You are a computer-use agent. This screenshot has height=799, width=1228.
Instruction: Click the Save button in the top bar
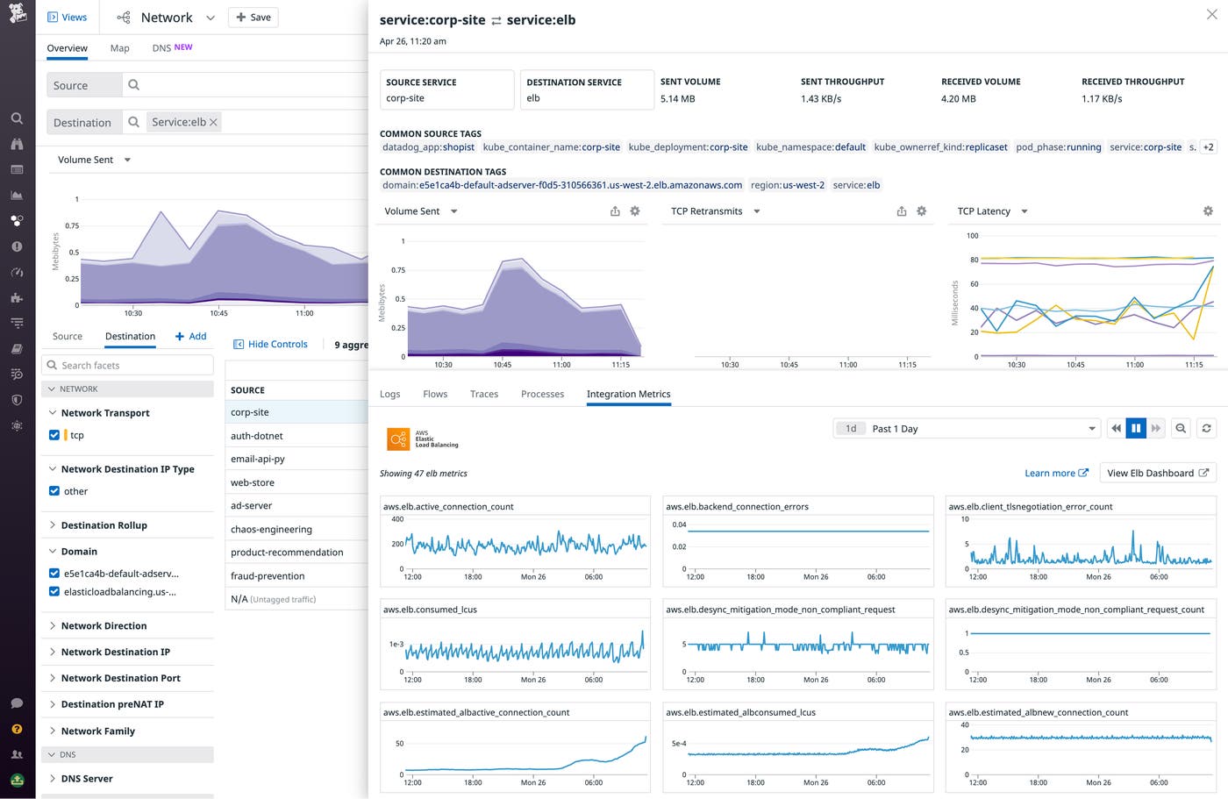coord(253,18)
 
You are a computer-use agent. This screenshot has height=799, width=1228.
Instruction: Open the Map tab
coord(120,48)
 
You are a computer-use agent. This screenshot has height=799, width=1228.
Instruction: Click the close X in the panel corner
coord(1211,15)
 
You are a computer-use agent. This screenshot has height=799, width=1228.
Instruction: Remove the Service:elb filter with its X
coord(213,122)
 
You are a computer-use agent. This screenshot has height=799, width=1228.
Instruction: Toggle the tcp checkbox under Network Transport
coord(54,435)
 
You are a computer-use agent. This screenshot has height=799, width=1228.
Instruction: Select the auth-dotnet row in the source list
coord(256,436)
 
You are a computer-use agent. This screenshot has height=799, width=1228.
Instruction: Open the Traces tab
coord(483,395)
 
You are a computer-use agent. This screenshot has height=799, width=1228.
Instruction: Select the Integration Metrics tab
coord(628,395)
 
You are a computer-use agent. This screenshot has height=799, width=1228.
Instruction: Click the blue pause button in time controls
coord(1135,429)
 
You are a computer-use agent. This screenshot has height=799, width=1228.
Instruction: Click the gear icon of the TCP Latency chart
coord(1208,211)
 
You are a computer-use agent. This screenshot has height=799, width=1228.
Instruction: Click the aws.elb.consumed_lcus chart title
coord(430,610)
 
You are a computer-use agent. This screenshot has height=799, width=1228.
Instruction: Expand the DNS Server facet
coord(87,779)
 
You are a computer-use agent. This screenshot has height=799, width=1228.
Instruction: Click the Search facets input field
coord(127,366)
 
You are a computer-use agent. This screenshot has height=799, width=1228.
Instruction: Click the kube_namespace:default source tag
coord(810,147)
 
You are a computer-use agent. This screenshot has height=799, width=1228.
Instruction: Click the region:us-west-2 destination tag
coord(787,185)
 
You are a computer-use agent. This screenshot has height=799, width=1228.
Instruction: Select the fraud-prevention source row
coord(268,576)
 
